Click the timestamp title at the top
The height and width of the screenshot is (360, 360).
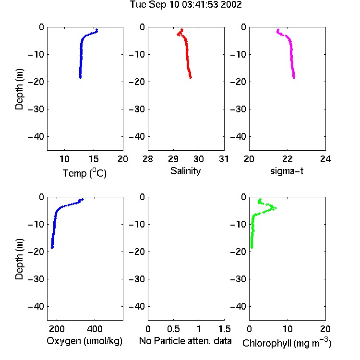pos(186,5)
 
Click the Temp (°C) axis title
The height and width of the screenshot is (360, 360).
pos(84,173)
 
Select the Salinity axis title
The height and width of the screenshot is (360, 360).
pos(185,171)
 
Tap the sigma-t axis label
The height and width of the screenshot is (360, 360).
pos(287,171)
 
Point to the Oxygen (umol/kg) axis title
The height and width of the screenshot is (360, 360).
pos(84,341)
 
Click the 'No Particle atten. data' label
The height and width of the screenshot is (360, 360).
pos(185,341)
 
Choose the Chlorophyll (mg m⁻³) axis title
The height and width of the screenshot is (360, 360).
pos(287,343)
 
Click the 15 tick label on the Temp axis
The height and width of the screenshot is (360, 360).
pos(94,159)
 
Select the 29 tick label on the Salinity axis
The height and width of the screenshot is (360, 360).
pos(173,159)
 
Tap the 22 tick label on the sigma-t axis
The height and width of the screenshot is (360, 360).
pos(288,159)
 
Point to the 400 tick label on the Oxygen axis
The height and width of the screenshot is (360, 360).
pos(95,329)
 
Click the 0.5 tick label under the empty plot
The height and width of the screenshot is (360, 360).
pos(173,329)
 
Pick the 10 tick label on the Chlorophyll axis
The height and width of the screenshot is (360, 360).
pos(288,329)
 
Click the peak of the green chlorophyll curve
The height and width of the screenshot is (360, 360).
pos(276,208)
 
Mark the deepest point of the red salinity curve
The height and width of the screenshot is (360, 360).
pos(191,78)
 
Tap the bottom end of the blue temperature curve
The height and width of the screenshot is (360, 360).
pos(80,78)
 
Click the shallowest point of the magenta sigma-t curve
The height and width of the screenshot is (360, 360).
pos(278,30)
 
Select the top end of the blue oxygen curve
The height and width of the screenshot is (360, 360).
pos(83,199)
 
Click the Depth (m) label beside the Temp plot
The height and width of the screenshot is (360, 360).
pos(19,89)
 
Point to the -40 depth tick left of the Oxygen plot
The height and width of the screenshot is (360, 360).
pos(36,306)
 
